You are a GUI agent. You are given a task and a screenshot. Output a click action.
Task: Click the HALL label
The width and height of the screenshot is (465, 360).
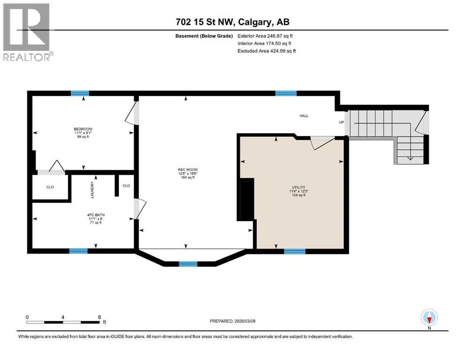pyautogui.click(x=304, y=116)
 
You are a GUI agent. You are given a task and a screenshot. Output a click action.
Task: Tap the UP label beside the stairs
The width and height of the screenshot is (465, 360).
pyautogui.click(x=342, y=122)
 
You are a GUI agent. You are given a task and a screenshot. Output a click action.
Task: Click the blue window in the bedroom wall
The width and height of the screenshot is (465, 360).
pyautogui.click(x=80, y=93)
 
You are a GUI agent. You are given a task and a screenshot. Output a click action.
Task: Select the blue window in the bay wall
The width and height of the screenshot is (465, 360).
pyautogui.click(x=188, y=264)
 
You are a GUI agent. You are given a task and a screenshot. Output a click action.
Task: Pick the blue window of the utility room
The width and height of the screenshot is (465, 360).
pyautogui.click(x=295, y=251)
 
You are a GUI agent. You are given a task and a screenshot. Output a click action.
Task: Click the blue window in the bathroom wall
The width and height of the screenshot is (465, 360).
pyautogui.click(x=79, y=251)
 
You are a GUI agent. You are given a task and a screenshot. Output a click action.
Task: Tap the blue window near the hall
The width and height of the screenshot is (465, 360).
pyautogui.click(x=286, y=93)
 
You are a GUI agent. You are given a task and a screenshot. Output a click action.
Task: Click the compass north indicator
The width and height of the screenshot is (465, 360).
pyautogui.click(x=429, y=318)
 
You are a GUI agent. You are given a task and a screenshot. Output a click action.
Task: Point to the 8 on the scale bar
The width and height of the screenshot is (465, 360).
pyautogui.click(x=99, y=317)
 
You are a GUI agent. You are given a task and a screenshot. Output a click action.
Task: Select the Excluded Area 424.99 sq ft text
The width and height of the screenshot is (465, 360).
pyautogui.click(x=266, y=51)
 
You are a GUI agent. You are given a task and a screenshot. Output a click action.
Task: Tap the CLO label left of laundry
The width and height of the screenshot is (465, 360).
pyautogui.click(x=50, y=187)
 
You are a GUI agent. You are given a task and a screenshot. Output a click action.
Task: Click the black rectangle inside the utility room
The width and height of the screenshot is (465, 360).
pyautogui.click(x=247, y=199)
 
